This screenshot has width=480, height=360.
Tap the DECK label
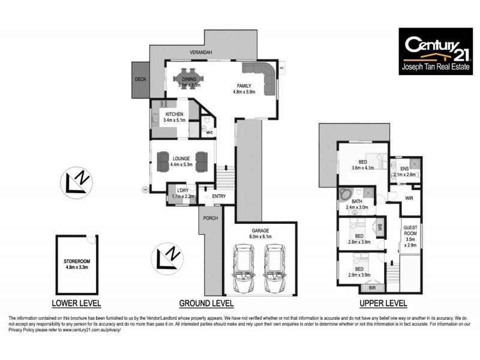(140, 79)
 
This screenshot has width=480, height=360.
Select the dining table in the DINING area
(189, 79)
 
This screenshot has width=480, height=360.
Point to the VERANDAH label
(201, 53)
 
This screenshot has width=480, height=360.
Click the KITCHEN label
(174, 114)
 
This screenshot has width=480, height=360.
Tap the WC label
(210, 133)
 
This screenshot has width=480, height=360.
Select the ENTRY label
(219, 196)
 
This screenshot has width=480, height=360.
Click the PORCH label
(210, 218)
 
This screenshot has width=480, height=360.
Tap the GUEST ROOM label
(410, 233)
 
